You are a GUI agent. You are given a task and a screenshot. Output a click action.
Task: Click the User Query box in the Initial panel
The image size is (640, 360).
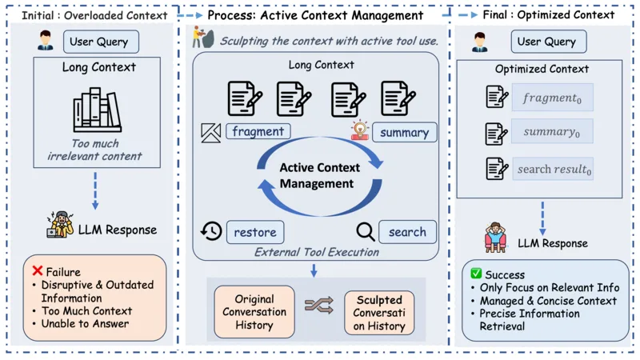pyautogui.click(x=101, y=42)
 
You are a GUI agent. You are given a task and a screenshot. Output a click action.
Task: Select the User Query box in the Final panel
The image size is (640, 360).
pyautogui.click(x=549, y=42)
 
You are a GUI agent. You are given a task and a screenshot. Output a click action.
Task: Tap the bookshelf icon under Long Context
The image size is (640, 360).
pyautogui.click(x=97, y=110)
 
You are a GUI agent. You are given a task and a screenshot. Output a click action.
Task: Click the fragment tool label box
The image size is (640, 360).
pyautogui.click(x=258, y=131)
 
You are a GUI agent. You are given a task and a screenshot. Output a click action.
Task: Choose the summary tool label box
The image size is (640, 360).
pyautogui.click(x=405, y=133)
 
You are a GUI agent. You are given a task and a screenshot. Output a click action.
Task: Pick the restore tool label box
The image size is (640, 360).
pyautogui.click(x=255, y=232)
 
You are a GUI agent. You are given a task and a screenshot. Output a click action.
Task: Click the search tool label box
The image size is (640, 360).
pyautogui.click(x=407, y=232)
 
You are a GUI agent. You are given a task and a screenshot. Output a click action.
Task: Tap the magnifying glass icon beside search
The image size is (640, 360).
pyautogui.click(x=366, y=232)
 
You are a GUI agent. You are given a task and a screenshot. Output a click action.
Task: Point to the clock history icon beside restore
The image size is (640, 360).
pyautogui.click(x=211, y=231)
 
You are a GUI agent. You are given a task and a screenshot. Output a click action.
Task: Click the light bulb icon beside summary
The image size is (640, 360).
pyautogui.click(x=359, y=130)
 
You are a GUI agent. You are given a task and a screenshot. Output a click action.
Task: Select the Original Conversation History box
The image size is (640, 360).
pyautogui.click(x=254, y=312)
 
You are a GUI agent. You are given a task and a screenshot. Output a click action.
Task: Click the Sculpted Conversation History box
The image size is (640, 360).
pyautogui.click(x=379, y=313)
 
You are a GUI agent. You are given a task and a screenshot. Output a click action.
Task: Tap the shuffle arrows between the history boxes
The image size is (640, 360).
pyautogui.click(x=319, y=306)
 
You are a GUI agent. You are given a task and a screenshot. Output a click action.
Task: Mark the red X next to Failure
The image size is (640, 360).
pyautogui.click(x=37, y=270)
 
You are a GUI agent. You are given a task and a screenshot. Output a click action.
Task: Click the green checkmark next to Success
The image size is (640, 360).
pyautogui.click(x=476, y=273)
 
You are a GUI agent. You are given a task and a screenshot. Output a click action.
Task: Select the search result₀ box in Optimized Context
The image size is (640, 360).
pyautogui.click(x=553, y=169)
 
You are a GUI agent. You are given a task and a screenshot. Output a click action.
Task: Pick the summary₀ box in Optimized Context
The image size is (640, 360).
pyautogui.click(x=552, y=131)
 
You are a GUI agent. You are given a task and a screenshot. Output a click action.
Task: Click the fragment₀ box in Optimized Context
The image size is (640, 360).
pyautogui.click(x=553, y=98)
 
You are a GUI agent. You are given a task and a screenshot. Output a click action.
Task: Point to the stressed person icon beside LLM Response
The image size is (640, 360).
pyautogui.click(x=61, y=224)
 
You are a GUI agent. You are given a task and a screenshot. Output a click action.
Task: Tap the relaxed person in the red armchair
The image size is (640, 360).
pyautogui.click(x=495, y=237)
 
